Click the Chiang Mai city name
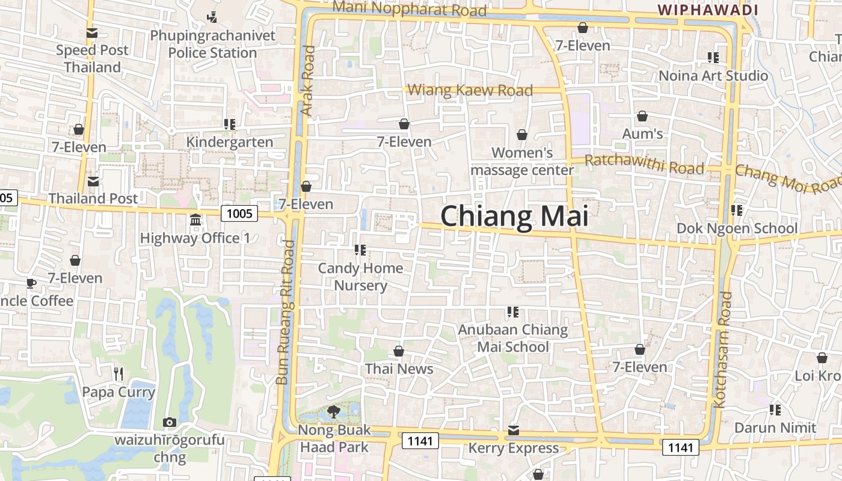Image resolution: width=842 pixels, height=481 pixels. pyautogui.click(x=514, y=216)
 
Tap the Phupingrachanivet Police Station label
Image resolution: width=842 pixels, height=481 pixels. pyautogui.click(x=212, y=44)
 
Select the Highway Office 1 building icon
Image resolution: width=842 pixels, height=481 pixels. pyautogui.click(x=195, y=220)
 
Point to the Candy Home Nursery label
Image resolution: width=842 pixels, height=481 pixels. pyautogui.click(x=360, y=277)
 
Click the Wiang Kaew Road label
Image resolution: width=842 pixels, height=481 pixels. pyautogui.click(x=470, y=91)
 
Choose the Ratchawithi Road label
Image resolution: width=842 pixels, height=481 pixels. pyautogui.click(x=644, y=164)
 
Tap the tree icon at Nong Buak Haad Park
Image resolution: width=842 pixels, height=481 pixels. pyautogui.click(x=333, y=412)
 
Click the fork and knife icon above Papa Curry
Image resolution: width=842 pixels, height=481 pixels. pyautogui.click(x=118, y=374)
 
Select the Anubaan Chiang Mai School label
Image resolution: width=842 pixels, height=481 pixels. pyautogui.click(x=513, y=338)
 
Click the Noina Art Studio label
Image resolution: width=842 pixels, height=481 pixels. pyautogui.click(x=713, y=76)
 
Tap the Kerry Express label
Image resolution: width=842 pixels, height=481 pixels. pyautogui.click(x=513, y=448)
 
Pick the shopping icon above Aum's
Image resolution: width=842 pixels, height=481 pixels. pyautogui.click(x=642, y=116)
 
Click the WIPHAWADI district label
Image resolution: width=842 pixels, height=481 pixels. pyautogui.click(x=707, y=10)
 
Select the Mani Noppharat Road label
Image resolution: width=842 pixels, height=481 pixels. pyautogui.click(x=409, y=9)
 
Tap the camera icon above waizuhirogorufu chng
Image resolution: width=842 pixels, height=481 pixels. pyautogui.click(x=170, y=422)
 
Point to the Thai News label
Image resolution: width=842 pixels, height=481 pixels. pyautogui.click(x=399, y=369)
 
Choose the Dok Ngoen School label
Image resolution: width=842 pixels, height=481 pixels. pyautogui.click(x=737, y=228)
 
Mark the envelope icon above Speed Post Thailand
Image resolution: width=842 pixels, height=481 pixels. pyautogui.click(x=92, y=33)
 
